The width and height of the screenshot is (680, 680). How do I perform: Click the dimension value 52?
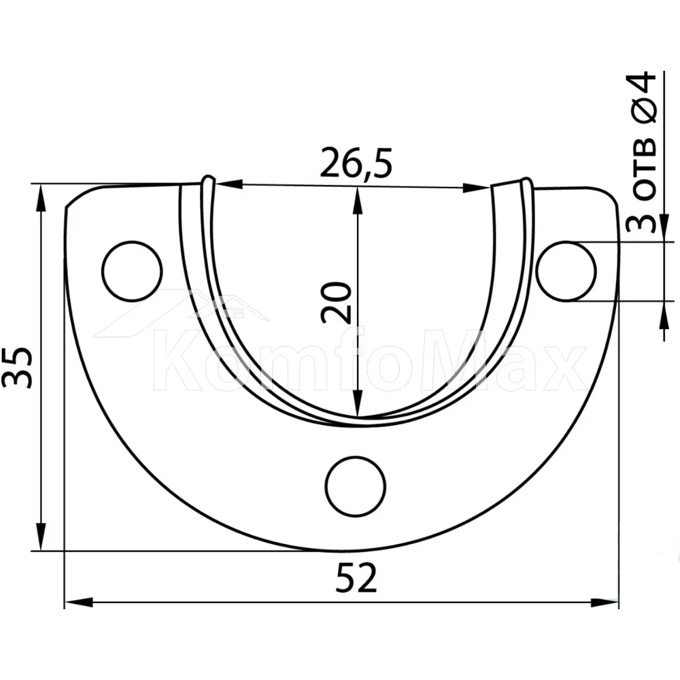[356, 578]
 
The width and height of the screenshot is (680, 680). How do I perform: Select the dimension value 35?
[18, 367]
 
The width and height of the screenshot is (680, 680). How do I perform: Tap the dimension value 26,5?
[356, 163]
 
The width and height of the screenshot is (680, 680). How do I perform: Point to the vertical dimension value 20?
[336, 303]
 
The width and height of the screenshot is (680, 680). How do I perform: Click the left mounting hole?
[132, 271]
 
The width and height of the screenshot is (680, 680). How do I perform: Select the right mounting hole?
[566, 271]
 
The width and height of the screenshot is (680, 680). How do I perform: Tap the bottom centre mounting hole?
[356, 486]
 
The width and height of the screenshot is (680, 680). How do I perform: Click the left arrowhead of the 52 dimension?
[78, 602]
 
